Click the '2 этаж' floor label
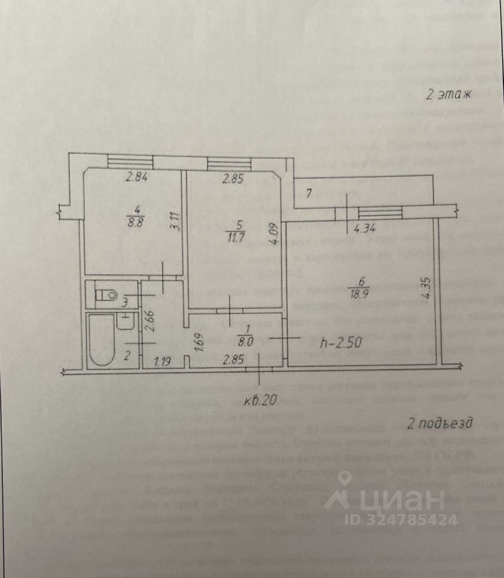tap(448, 94)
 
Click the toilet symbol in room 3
tap(109, 295)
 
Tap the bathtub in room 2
tap(101, 338)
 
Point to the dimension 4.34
tap(365, 228)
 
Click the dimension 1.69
tap(187, 341)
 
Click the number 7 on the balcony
tap(308, 193)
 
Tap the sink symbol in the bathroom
tap(126, 322)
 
